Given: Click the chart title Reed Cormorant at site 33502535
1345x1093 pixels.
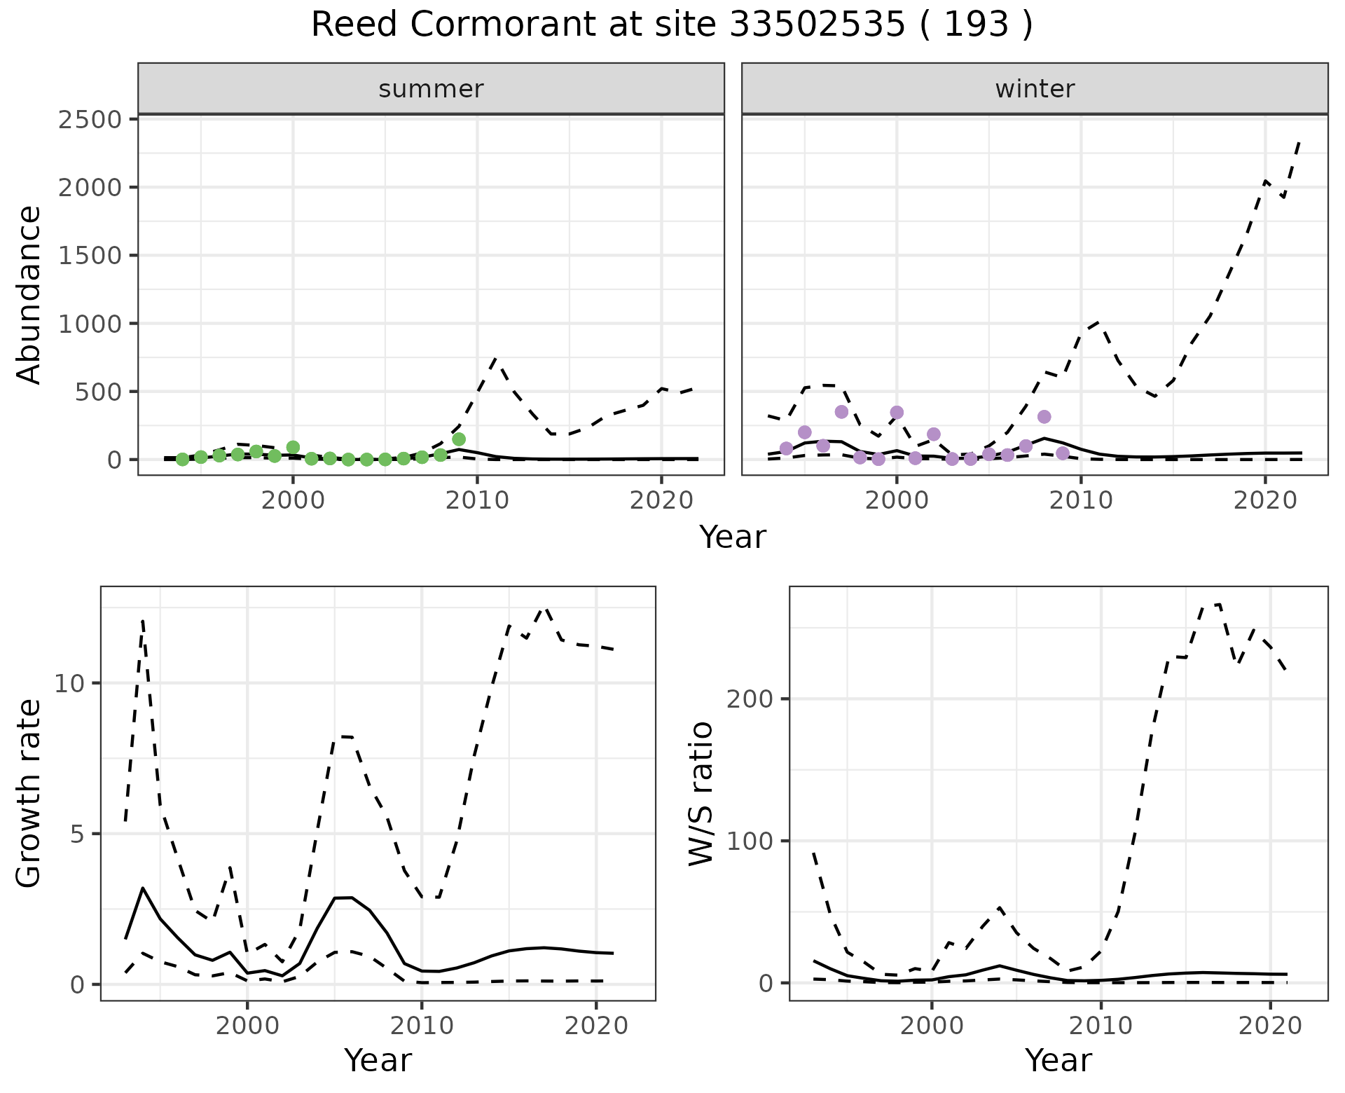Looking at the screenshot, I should click(x=671, y=25).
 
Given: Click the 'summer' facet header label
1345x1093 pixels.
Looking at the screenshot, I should click(x=431, y=89).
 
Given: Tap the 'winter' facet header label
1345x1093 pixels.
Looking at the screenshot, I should click(x=1035, y=89).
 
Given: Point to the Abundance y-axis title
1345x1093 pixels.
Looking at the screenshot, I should click(x=29, y=294).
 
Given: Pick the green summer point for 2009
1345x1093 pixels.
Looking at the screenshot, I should click(x=459, y=439).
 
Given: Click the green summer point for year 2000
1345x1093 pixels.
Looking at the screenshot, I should click(x=294, y=447).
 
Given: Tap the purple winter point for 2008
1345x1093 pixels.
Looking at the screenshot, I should click(x=1044, y=417).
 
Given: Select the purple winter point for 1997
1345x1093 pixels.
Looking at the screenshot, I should click(x=841, y=411).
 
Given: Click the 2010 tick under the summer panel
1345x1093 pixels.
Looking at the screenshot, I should click(x=477, y=501).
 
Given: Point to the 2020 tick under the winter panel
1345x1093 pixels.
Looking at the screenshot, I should click(x=1264, y=501).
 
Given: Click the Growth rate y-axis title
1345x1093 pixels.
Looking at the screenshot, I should click(x=29, y=793).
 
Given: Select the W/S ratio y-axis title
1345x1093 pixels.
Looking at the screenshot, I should click(x=701, y=793).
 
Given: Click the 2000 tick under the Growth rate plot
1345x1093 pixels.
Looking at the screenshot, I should click(x=247, y=1026).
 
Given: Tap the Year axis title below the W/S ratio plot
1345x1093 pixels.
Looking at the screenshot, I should click(x=1058, y=1061).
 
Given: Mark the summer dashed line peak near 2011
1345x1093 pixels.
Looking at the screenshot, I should click(x=495, y=359).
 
